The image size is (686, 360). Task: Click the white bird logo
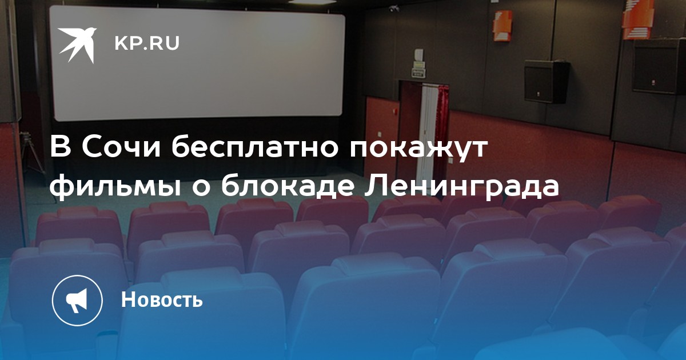click(x=77, y=45)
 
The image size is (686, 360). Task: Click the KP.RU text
click(x=147, y=43)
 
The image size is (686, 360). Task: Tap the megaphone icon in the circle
click(x=77, y=301)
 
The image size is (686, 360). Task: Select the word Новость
click(x=162, y=299)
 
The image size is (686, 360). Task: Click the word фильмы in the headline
click(x=114, y=186)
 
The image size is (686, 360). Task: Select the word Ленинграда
click(x=461, y=186)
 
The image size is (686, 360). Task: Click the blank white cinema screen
click(x=197, y=63)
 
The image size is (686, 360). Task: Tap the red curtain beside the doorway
click(x=443, y=129)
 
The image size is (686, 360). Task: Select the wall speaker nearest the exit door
click(x=547, y=81)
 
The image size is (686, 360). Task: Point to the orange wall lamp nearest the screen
click(x=502, y=26)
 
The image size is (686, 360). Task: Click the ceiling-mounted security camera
click(x=394, y=9)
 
